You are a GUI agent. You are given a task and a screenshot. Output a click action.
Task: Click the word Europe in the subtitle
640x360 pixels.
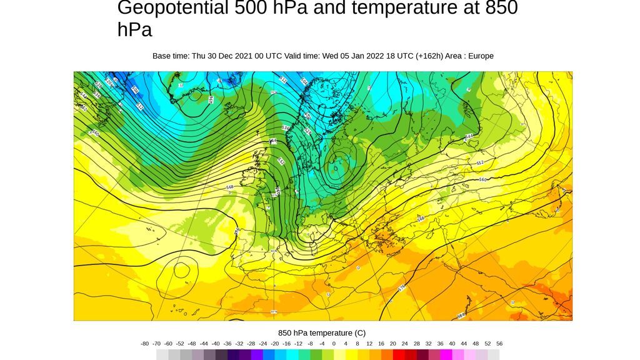point(480,56)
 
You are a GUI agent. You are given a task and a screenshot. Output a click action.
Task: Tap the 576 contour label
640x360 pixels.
point(402,288)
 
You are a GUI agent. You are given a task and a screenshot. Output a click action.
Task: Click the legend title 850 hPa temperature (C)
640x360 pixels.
point(322,333)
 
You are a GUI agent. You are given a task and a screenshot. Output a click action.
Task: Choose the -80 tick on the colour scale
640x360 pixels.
point(145,344)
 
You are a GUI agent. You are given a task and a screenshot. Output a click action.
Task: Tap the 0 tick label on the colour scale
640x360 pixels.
point(334,344)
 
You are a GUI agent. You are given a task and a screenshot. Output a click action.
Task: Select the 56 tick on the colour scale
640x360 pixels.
point(499,344)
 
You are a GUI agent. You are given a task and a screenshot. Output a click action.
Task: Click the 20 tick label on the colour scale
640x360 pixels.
point(392,344)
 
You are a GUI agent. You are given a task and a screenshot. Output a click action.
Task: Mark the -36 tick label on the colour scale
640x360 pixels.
point(227,344)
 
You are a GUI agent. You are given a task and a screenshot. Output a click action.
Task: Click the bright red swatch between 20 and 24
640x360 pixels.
point(399,354)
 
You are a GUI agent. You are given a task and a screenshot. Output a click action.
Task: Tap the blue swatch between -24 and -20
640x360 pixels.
point(269,354)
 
